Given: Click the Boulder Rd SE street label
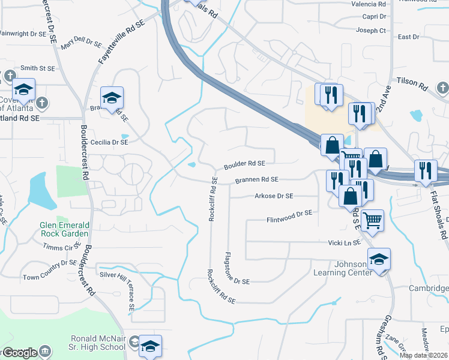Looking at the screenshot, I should tap(244, 163).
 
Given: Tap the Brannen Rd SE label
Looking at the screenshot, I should tap(256, 179).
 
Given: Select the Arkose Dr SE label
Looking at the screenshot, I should tap(274, 196).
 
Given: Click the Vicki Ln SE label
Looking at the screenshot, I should tap(344, 242).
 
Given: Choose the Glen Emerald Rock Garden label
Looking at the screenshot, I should tap(64, 229).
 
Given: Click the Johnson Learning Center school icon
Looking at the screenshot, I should tap(379, 259).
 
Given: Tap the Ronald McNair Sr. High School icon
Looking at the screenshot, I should tap(151, 346).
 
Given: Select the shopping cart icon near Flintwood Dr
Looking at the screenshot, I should tap(373, 221).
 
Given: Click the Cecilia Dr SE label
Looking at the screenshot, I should tap(109, 143).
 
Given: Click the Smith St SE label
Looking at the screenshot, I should tap(37, 69).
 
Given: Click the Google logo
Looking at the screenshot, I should tap(19, 353).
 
